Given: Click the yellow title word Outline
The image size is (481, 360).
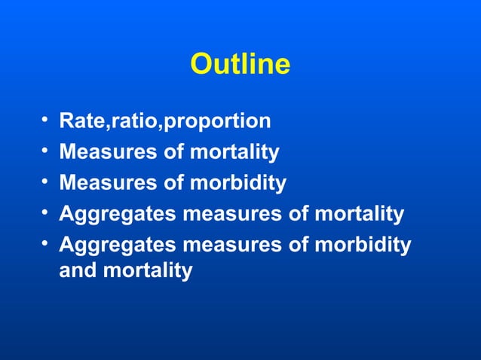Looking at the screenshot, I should tap(240, 65).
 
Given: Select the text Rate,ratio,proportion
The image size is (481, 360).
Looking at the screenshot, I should tap(164, 121).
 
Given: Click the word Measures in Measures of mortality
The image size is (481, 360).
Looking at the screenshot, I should tap(106, 152).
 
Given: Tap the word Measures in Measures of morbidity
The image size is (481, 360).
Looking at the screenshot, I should tap(106, 183).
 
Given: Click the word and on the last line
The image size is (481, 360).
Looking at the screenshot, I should tap(78, 270).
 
